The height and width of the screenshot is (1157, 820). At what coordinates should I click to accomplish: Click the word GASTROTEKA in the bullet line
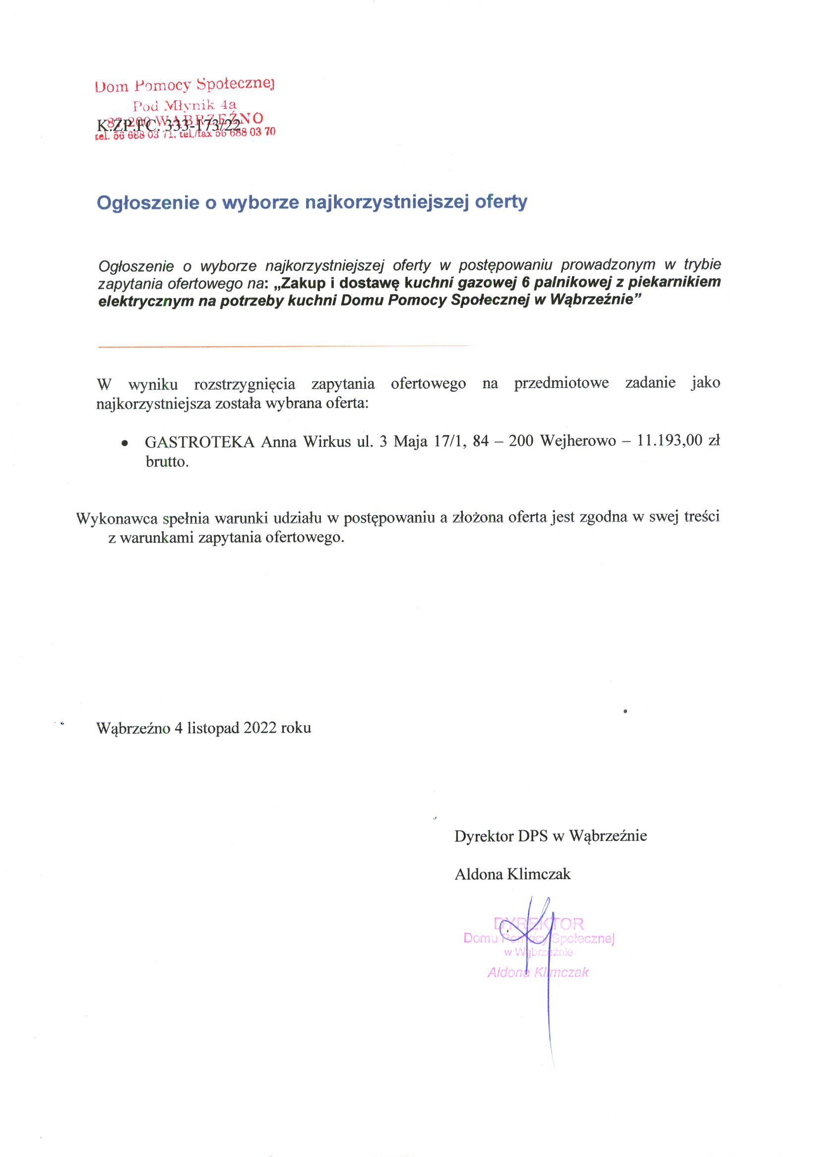[199, 441]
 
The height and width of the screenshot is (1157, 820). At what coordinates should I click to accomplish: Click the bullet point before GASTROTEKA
[124, 443]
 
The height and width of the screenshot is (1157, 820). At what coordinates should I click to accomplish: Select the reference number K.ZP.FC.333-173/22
[168, 125]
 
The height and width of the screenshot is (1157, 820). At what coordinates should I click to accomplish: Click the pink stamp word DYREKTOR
[538, 924]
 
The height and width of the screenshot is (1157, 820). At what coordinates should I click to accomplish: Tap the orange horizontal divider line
[283, 346]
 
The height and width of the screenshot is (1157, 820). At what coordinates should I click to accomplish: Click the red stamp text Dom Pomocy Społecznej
[185, 85]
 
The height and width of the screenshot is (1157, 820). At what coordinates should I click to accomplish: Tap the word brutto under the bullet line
[167, 462]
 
